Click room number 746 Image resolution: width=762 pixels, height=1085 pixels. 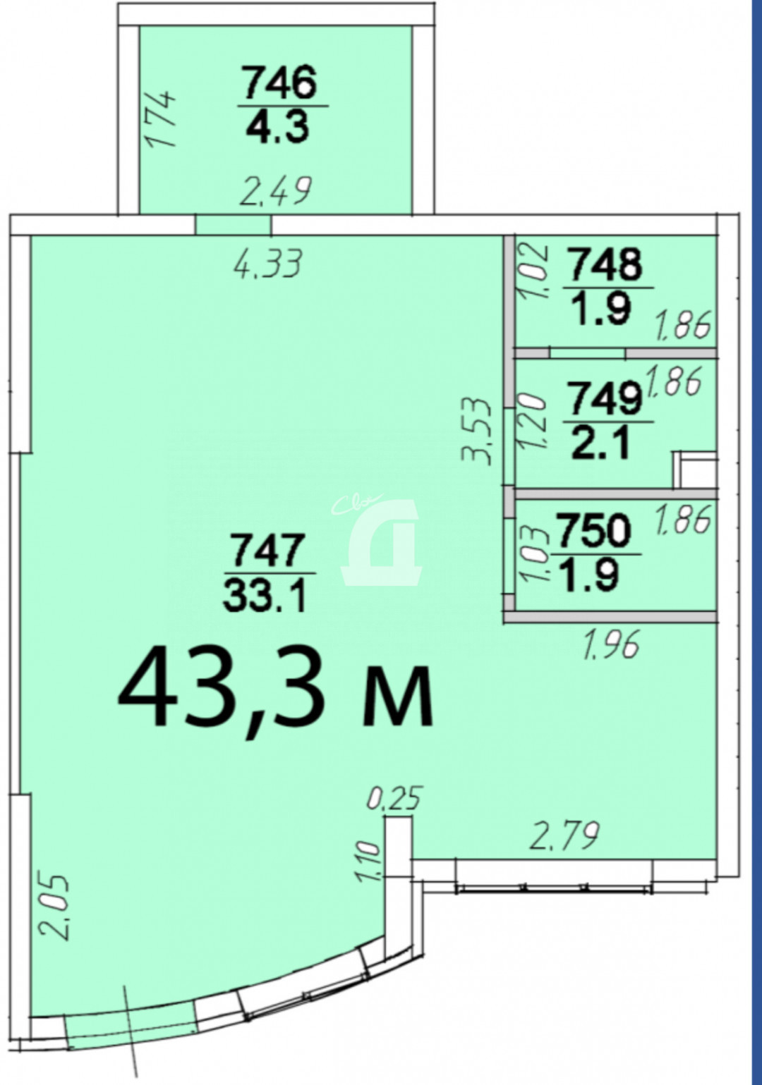(x=279, y=82)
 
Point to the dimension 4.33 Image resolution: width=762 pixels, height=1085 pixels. (x=268, y=264)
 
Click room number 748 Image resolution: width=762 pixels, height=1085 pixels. (x=606, y=264)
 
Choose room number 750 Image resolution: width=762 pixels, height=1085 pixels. (x=594, y=531)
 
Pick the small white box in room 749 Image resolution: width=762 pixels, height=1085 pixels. (x=695, y=470)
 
